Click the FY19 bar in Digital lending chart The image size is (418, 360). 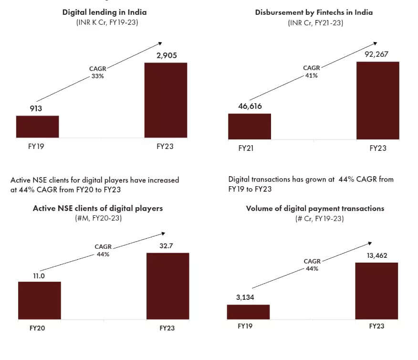click(x=37, y=127)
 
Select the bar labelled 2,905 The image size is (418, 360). click(x=166, y=100)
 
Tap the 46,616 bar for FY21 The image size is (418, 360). click(x=250, y=127)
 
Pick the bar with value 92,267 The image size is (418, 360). click(x=378, y=100)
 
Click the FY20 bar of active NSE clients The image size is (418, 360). click(x=40, y=300)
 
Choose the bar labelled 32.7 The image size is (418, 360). click(x=167, y=286)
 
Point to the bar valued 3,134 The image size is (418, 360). click(x=248, y=312)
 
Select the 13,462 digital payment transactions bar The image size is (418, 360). click(x=376, y=290)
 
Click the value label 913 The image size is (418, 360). click(x=36, y=108)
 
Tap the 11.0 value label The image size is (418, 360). click(x=39, y=275)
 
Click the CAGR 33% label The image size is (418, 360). click(x=98, y=72)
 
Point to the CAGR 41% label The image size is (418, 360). click(x=312, y=72)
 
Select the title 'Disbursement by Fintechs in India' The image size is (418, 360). click(x=313, y=12)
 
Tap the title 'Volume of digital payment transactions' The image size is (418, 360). click(x=315, y=209)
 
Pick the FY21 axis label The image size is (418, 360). click(x=246, y=148)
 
